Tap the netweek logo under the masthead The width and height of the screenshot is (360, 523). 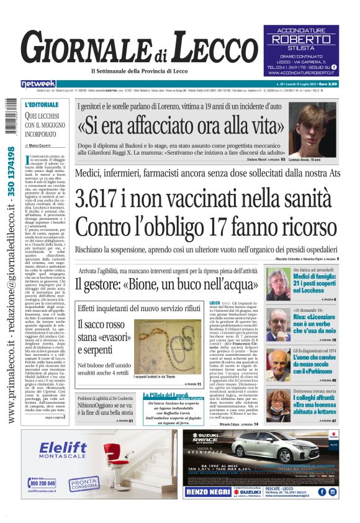tap(38, 83)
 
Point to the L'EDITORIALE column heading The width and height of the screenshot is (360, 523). tap(42, 104)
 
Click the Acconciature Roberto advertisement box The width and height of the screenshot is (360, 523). tap(310, 51)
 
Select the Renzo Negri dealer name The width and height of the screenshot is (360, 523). tap(209, 492)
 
